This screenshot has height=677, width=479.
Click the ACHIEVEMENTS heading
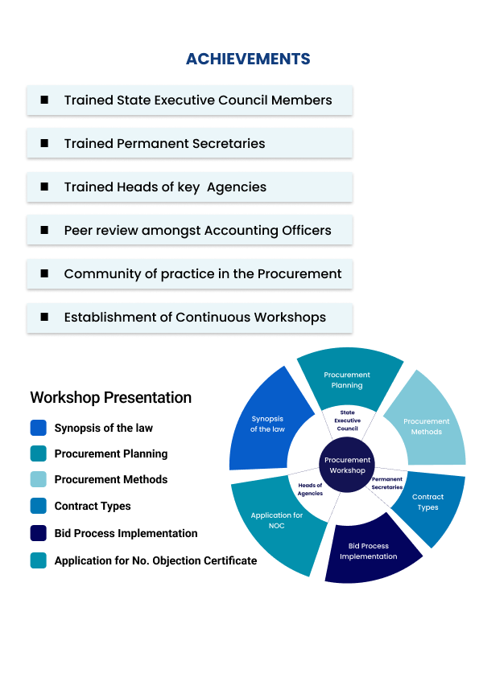click(248, 59)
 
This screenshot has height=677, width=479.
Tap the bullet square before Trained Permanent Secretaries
click(44, 143)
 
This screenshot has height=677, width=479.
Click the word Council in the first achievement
click(243, 101)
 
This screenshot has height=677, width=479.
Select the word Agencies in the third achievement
click(237, 187)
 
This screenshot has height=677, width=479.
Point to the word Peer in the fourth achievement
click(78, 231)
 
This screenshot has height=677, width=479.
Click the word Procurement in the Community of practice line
click(299, 273)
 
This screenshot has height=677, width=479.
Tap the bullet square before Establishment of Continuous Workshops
click(44, 317)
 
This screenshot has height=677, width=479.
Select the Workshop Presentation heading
click(110, 397)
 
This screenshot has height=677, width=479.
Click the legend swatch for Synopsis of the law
click(38, 428)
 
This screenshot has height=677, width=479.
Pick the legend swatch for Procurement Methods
click(38, 479)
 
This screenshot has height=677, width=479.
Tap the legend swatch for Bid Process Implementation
click(38, 533)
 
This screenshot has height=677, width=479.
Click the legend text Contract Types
click(93, 506)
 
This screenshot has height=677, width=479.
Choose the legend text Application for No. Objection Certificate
click(155, 561)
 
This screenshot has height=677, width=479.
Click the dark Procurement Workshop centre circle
click(347, 465)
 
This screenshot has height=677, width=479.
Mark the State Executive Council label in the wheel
click(348, 421)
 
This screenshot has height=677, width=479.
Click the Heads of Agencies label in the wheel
click(310, 489)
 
